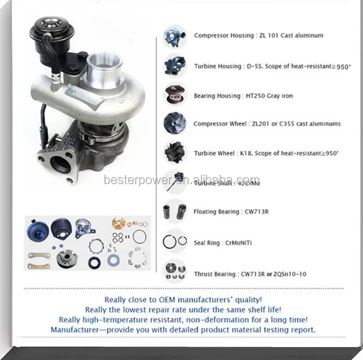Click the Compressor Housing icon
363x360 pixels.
[x=175, y=36]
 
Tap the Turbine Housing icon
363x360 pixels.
[x=175, y=65]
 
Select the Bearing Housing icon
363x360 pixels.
[x=175, y=95]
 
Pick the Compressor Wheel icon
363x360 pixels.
[x=175, y=123]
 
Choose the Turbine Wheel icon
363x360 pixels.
[x=175, y=153]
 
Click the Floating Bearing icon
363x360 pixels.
[x=175, y=212]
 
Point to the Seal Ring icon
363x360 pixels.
[x=175, y=241]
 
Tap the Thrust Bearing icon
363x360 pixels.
[x=175, y=271]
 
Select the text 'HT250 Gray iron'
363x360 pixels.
[x=268, y=96]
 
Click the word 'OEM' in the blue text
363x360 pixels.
[x=180, y=300]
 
